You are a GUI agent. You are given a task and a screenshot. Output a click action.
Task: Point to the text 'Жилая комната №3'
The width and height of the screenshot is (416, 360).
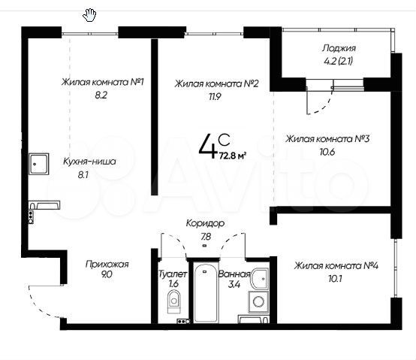327,138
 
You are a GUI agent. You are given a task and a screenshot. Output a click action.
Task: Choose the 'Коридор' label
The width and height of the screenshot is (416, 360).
205,224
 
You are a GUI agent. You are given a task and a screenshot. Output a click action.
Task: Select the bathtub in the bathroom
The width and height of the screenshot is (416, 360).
203,294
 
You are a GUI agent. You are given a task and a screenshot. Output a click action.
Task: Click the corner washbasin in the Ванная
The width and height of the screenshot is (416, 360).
260,277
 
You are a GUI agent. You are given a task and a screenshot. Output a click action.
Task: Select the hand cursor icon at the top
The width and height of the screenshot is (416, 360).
89,13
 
